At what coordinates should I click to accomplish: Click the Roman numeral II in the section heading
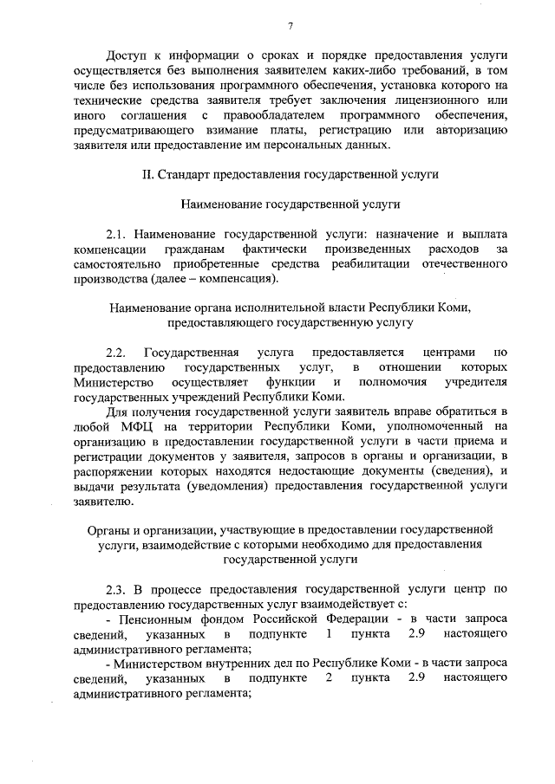(147, 174)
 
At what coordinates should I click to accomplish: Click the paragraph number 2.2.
(116, 353)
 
